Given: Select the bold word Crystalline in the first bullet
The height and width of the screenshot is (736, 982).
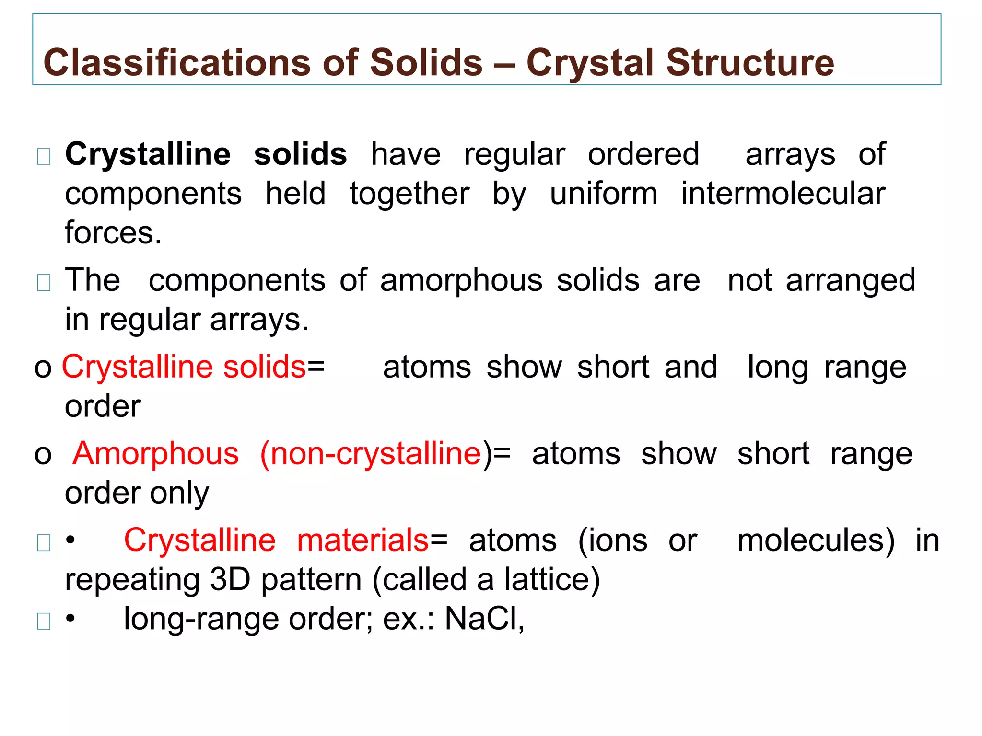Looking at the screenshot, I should pyautogui.click(x=148, y=154).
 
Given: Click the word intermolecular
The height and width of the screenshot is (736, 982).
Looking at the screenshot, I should pyautogui.click(x=783, y=194).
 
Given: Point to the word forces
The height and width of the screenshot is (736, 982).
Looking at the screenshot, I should pyautogui.click(x=113, y=233).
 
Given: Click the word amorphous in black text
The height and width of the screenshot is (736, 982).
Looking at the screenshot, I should pyautogui.click(x=461, y=280).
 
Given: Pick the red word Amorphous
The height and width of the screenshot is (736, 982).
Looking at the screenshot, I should pyautogui.click(x=156, y=453).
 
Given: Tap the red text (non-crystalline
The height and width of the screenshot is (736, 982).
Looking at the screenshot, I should pyautogui.click(x=371, y=453).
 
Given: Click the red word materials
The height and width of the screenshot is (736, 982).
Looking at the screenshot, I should pyautogui.click(x=363, y=540).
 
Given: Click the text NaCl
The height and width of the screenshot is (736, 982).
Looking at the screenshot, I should pyautogui.click(x=483, y=619).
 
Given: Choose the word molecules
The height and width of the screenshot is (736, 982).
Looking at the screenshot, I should pyautogui.click(x=816, y=540).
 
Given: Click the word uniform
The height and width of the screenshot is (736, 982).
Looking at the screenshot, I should pyautogui.click(x=604, y=194).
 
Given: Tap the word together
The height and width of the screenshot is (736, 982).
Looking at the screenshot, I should pyautogui.click(x=409, y=194).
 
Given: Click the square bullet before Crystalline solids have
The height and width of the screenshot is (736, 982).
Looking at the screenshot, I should pyautogui.click(x=44, y=156).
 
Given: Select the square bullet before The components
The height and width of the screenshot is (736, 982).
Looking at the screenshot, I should pyautogui.click(x=44, y=283).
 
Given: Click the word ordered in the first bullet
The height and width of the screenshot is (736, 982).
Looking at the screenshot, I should pyautogui.click(x=643, y=154).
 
